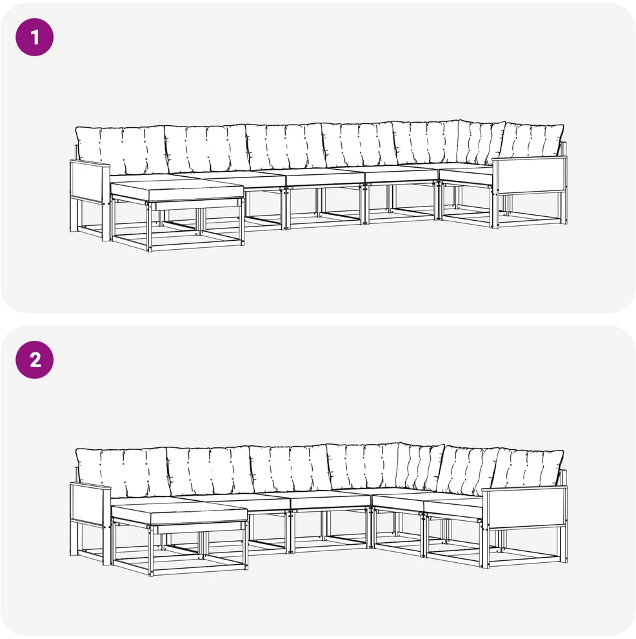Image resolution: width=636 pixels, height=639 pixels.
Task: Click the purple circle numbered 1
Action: pyautogui.click(x=35, y=37)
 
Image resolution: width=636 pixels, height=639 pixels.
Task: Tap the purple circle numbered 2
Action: pyautogui.click(x=35, y=360)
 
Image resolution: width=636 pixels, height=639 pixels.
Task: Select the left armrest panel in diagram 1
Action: pyautogui.click(x=90, y=182)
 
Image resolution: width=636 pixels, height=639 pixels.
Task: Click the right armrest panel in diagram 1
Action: pyautogui.click(x=530, y=175)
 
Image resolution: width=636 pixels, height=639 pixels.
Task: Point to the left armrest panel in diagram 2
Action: pyautogui.click(x=90, y=503)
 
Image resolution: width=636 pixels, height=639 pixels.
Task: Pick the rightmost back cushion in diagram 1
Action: pyautogui.click(x=531, y=141)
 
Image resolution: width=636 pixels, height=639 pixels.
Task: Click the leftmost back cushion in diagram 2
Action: pyautogui.click(x=122, y=472)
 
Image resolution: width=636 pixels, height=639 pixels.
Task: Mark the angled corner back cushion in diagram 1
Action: pyautogui.click(x=481, y=142)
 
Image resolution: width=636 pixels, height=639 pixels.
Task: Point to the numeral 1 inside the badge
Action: pyautogui.click(x=35, y=37)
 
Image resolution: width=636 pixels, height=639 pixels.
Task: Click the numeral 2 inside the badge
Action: pyautogui.click(x=35, y=360)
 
